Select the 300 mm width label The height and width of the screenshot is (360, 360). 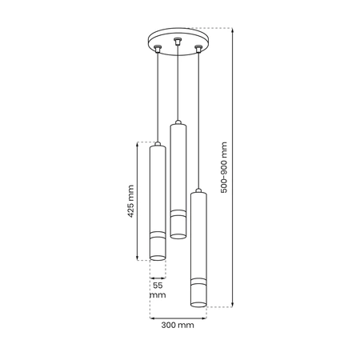point(178,326)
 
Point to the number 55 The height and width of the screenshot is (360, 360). point(158,285)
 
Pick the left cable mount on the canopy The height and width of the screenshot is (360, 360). point(158,50)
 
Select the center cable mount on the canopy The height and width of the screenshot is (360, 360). point(177,39)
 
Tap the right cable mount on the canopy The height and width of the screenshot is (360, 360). point(197,50)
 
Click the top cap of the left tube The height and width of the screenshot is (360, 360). point(158,145)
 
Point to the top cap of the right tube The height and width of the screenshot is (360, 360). point(197,191)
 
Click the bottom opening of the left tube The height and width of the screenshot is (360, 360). point(158,258)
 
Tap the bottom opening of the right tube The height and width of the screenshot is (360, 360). point(197,304)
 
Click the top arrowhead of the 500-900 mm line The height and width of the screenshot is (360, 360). point(233,31)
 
